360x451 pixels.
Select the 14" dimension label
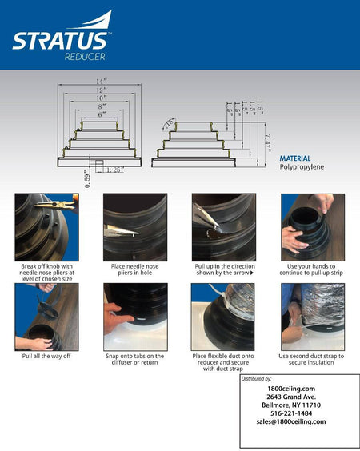(x=100, y=82)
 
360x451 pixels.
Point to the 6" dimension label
(x=100, y=114)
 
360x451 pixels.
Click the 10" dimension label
(x=100, y=98)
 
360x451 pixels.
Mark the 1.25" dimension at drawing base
(x=114, y=170)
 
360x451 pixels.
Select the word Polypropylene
(x=302, y=167)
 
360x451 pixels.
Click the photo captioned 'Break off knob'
(x=46, y=227)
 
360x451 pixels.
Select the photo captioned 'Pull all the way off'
(x=46, y=317)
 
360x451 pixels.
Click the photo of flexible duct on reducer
(x=223, y=317)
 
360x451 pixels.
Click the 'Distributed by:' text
(x=256, y=378)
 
